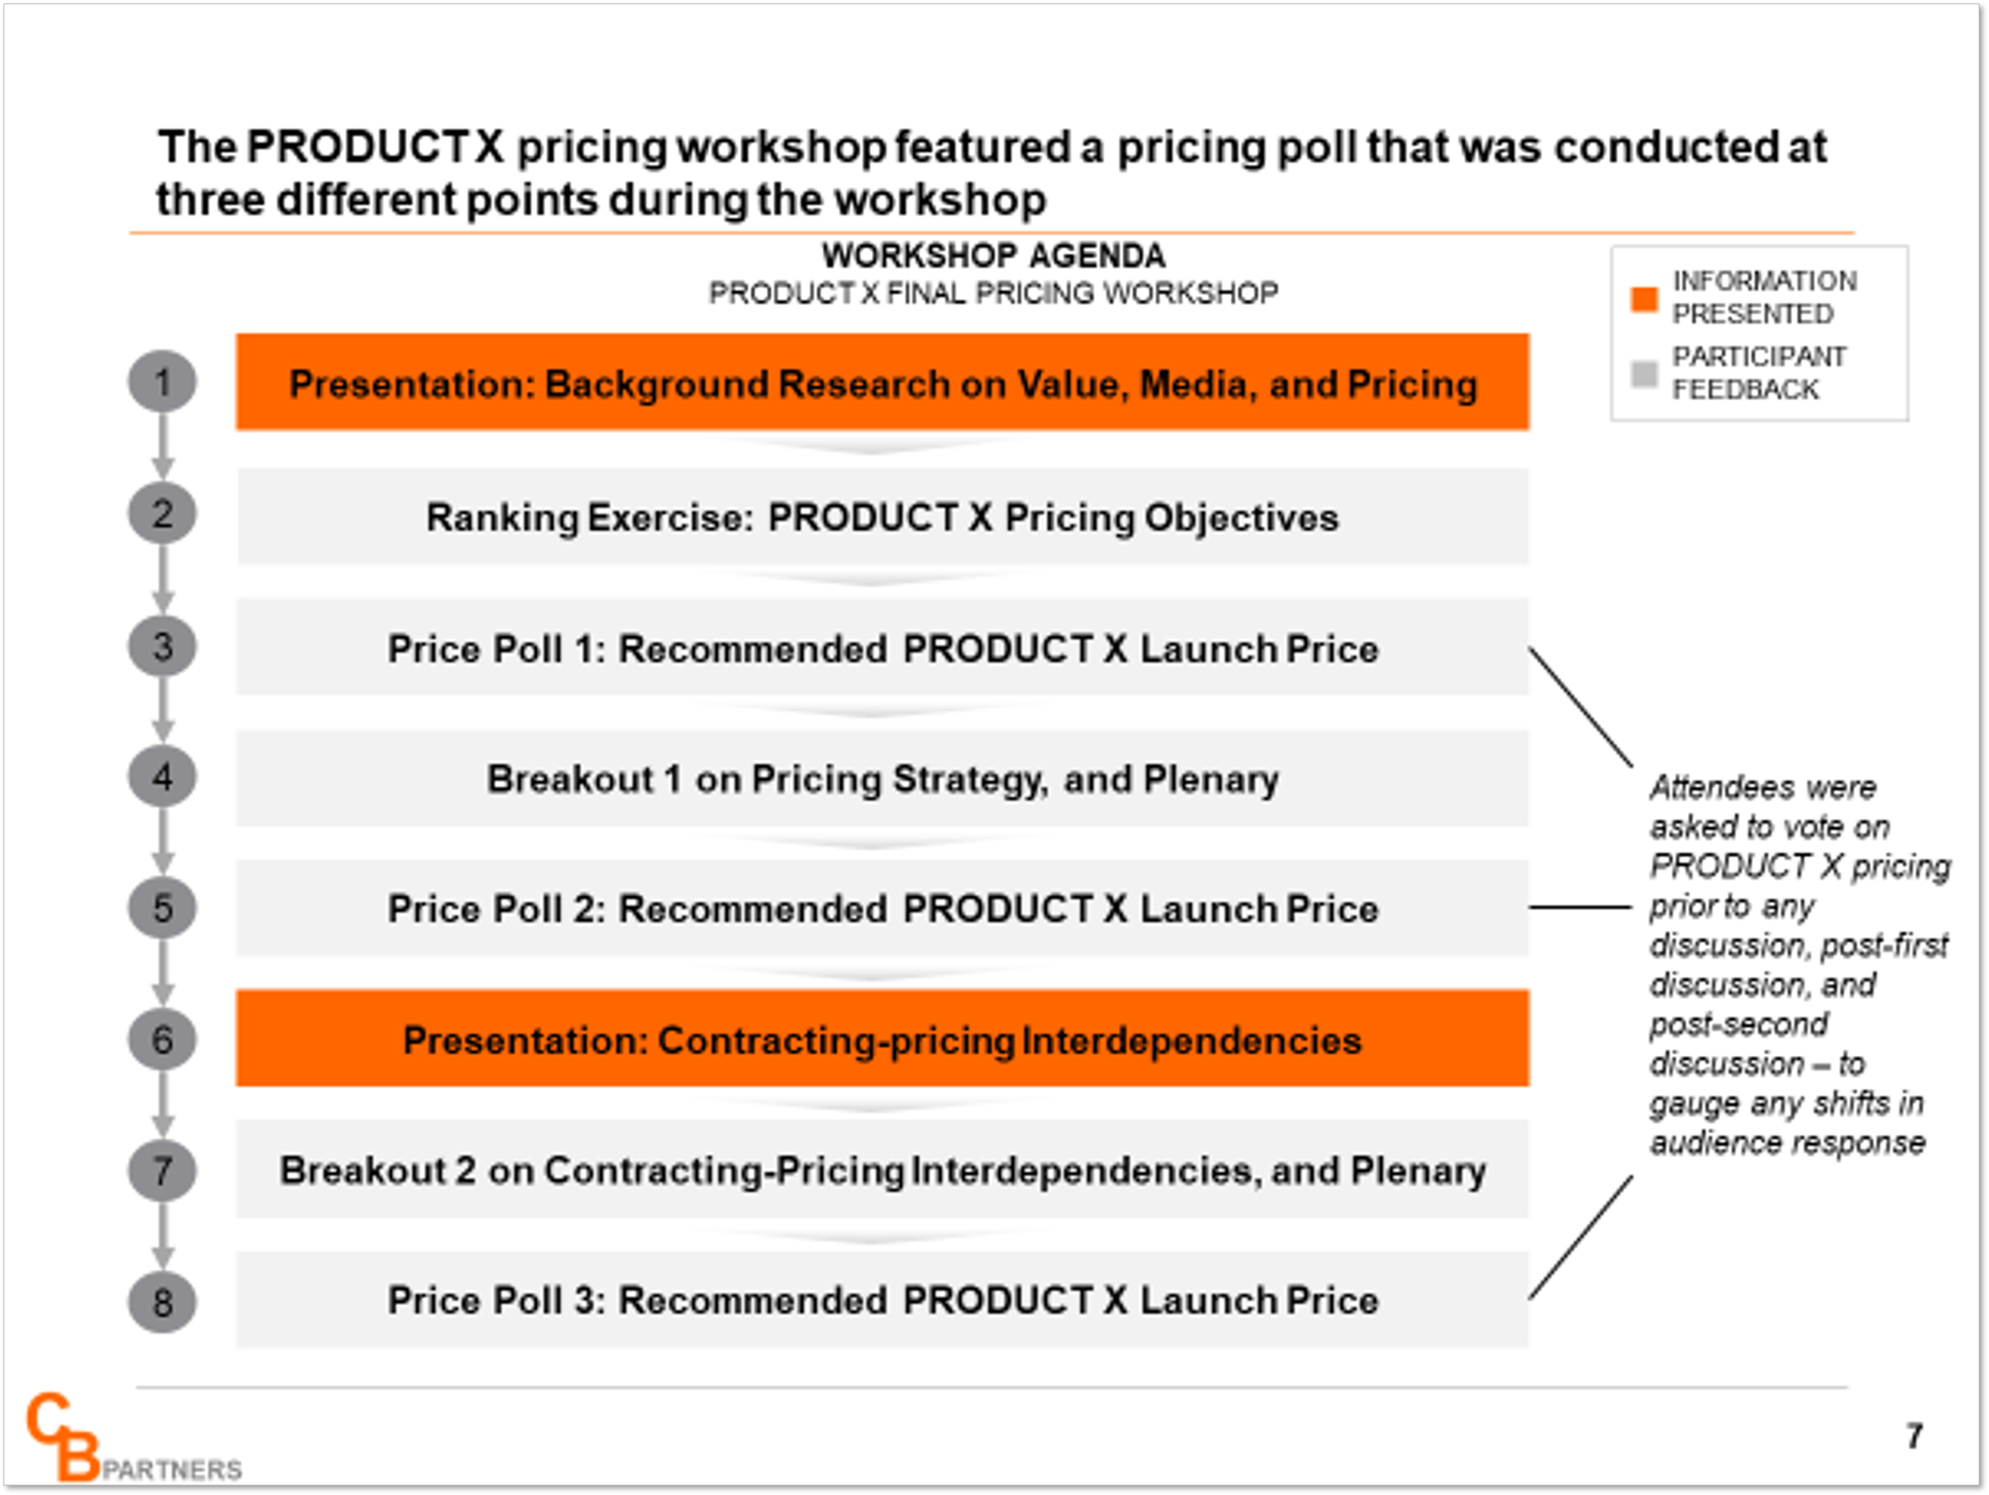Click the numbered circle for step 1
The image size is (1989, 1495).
coord(162,381)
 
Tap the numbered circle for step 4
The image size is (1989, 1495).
coord(162,777)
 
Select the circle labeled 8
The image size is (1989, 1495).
coord(162,1302)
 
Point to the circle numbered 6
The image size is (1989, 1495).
coord(162,1039)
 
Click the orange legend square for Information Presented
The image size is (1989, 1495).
coord(1644,298)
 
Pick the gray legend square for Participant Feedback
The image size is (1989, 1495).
coord(1644,374)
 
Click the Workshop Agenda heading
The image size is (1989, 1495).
coord(994,256)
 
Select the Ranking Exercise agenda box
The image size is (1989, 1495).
coord(882,518)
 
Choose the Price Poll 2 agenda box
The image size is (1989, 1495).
coord(882,908)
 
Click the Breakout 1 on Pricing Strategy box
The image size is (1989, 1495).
coord(882,779)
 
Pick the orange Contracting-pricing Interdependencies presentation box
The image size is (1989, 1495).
coord(882,1039)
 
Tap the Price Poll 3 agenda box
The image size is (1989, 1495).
coord(882,1300)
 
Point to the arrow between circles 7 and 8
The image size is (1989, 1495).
coord(162,1236)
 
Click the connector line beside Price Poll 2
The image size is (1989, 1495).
coord(1580,907)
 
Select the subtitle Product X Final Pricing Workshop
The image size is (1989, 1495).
coord(994,293)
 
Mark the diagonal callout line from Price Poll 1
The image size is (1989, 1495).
coord(1581,707)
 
